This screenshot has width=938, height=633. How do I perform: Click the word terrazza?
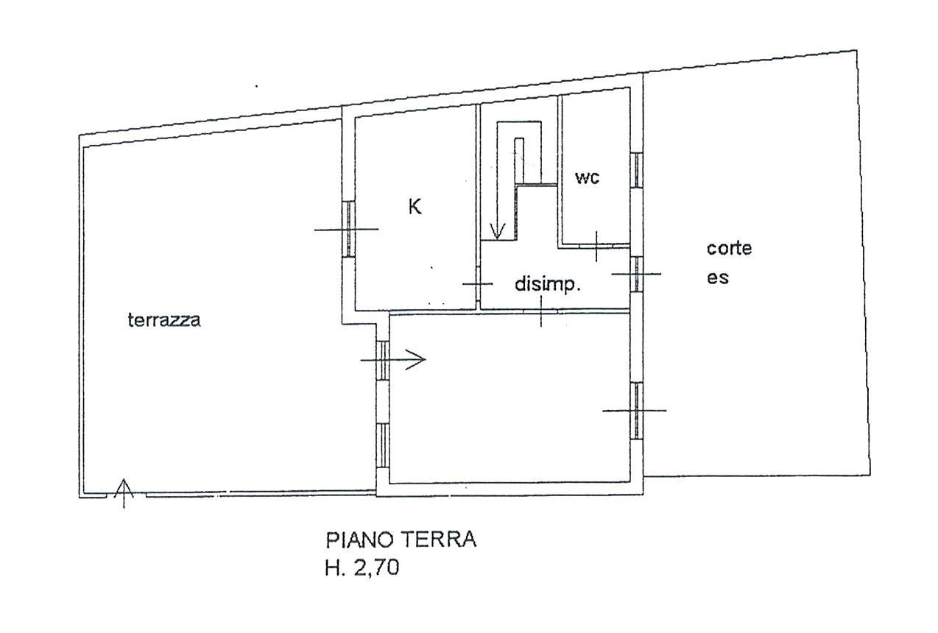(164, 320)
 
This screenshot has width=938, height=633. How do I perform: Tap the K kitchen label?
(415, 207)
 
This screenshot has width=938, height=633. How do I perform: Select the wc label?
(587, 177)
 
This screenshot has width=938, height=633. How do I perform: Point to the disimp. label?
(548, 285)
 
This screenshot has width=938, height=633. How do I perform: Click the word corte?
(729, 249)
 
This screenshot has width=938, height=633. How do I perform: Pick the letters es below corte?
(718, 278)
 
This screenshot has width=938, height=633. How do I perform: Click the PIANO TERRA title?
(401, 540)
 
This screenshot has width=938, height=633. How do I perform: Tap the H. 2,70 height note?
(362, 568)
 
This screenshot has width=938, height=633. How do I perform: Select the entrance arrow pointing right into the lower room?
(393, 360)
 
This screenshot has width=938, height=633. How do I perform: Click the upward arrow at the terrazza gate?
(124, 493)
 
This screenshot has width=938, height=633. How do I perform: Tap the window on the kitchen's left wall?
(348, 229)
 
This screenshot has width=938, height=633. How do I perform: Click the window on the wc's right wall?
(636, 170)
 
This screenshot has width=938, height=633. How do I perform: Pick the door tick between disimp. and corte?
(636, 275)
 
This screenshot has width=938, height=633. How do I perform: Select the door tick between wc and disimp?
(596, 246)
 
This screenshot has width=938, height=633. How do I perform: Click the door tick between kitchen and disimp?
(478, 284)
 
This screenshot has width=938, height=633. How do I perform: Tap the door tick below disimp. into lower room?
(541, 311)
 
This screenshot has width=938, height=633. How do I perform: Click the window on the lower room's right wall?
(636, 410)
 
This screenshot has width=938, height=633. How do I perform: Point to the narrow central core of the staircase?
(519, 160)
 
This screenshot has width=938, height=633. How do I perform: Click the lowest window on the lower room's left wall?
(382, 445)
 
